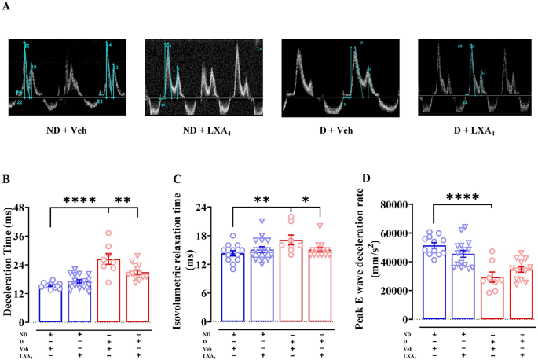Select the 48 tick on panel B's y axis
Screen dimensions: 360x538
coord(24,208)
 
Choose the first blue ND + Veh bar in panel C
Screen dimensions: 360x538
coord(232,287)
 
